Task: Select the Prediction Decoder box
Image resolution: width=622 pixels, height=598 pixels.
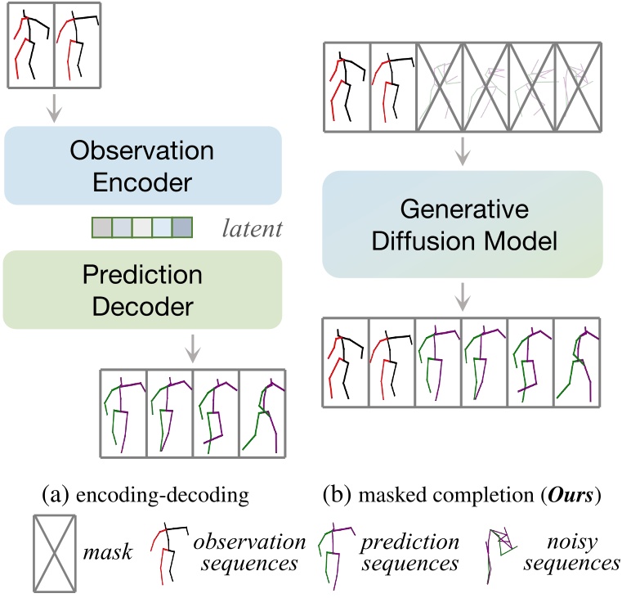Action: click(143, 289)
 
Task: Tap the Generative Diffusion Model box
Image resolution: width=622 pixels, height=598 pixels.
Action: click(462, 223)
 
